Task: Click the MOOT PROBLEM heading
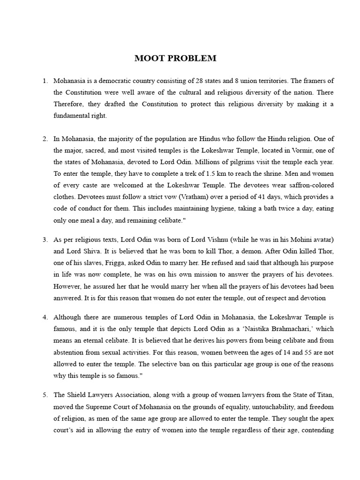pyautogui.click(x=175, y=59)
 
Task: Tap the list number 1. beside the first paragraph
pyautogui.click(x=45, y=81)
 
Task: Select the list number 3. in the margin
pyautogui.click(x=45, y=240)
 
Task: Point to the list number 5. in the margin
pyautogui.click(x=45, y=395)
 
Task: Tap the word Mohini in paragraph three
pyautogui.click(x=286, y=240)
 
